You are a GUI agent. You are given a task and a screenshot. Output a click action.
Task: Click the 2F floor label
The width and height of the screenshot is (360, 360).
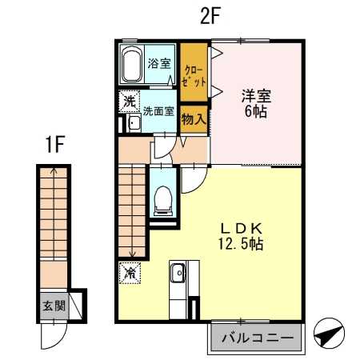click(210, 17)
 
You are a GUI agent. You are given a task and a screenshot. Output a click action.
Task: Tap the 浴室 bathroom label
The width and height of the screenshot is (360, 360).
click(159, 63)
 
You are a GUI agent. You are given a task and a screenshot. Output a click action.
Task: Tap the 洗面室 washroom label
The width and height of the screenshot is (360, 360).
click(158, 110)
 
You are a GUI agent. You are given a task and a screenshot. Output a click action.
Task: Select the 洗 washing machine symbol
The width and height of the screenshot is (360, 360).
click(128, 102)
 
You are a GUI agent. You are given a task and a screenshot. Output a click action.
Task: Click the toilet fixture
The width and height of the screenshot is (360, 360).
click(164, 198)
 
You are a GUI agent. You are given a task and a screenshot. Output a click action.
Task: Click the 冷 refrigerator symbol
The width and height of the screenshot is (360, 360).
click(129, 273)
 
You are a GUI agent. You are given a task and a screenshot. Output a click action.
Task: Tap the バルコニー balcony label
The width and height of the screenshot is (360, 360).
click(257, 338)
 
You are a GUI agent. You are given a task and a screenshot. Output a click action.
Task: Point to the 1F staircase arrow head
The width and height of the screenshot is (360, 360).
click(54, 170)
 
